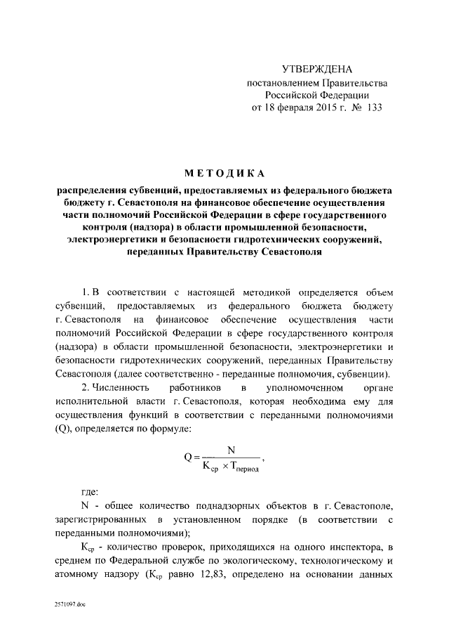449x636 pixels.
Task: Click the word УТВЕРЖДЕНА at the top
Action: (x=316, y=69)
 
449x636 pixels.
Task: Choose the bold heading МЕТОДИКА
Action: (x=224, y=174)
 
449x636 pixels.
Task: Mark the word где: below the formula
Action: (x=90, y=492)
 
